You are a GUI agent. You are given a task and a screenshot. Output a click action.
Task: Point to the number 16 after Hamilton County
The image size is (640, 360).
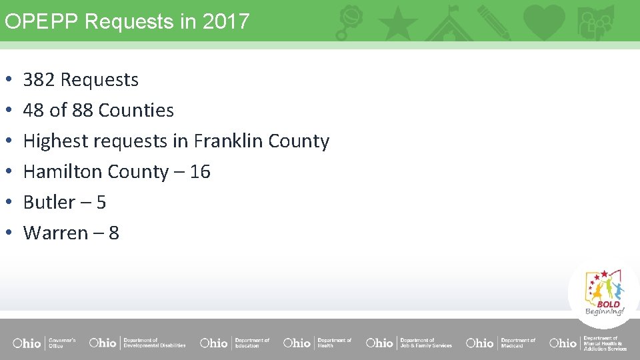[x=200, y=172]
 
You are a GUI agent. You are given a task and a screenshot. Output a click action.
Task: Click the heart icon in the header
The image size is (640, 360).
[x=543, y=21]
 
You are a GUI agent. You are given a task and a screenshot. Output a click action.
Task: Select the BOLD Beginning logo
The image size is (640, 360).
[x=605, y=293]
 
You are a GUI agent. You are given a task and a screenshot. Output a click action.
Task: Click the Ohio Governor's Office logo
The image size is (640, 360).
[x=44, y=343]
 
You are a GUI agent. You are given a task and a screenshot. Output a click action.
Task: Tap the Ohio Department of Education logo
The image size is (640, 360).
[x=235, y=343]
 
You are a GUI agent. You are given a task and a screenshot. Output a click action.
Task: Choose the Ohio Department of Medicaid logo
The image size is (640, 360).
[x=500, y=343]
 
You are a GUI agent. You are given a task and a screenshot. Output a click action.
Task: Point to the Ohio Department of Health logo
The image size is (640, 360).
[x=317, y=343]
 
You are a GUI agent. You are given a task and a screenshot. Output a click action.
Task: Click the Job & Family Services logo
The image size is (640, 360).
[x=409, y=343]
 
